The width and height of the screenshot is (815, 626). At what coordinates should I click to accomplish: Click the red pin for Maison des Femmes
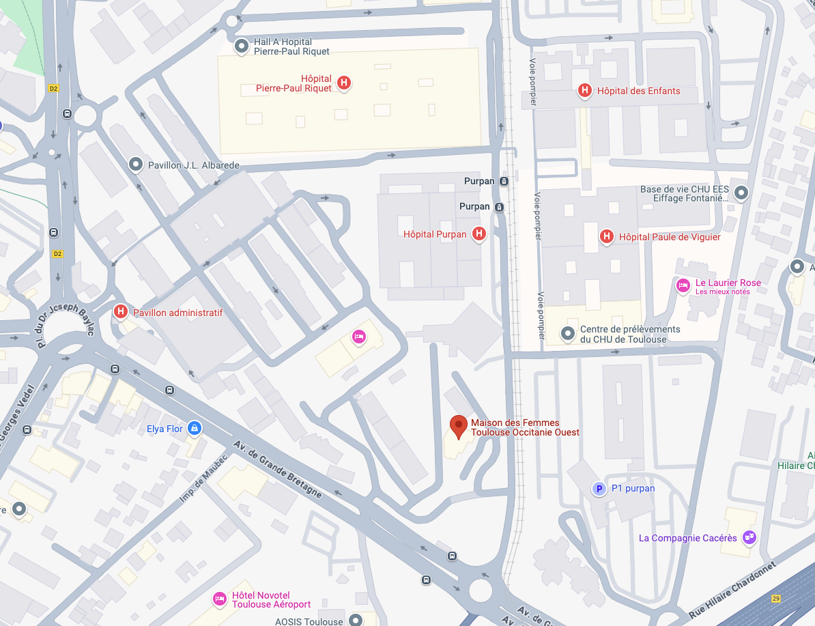(x=459, y=427)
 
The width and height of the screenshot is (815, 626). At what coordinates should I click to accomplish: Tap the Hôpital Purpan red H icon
(x=479, y=234)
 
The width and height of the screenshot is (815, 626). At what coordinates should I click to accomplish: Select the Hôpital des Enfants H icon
(x=584, y=90)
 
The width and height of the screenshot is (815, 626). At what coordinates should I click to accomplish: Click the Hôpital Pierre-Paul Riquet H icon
(x=344, y=83)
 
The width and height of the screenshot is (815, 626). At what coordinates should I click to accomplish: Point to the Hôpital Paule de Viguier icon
(x=605, y=237)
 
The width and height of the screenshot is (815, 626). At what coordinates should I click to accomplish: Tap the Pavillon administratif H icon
(x=121, y=312)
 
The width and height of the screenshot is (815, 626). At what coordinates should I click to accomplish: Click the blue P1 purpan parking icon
(x=599, y=488)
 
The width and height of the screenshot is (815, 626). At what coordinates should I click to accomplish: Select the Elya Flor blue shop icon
(x=195, y=429)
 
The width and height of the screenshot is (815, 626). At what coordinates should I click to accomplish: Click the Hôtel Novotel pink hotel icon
(x=219, y=599)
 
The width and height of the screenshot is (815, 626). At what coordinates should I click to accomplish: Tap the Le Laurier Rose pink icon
(x=683, y=286)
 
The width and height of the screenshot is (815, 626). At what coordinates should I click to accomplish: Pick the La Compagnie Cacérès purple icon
(x=749, y=537)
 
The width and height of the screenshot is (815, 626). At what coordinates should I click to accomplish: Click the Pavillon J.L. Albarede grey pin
(x=136, y=165)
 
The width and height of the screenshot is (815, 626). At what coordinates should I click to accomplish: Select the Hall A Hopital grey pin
(x=241, y=46)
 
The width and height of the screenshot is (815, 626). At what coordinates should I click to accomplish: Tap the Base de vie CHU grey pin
(x=743, y=193)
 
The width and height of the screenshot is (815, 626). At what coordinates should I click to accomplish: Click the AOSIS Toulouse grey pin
(x=355, y=620)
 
